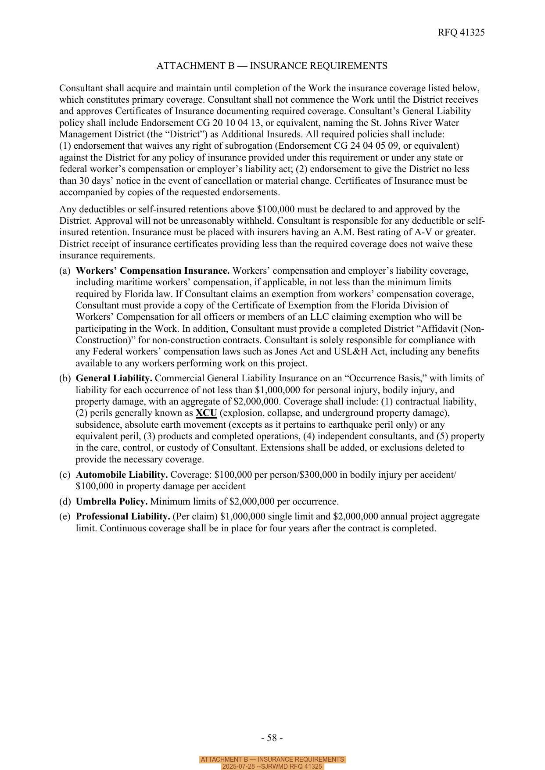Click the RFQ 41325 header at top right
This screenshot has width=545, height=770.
pos(461,32)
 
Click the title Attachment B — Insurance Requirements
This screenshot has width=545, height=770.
pos(272,66)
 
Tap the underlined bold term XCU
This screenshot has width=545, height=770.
pos(206,413)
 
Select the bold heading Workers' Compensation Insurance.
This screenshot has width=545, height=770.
pos(153,271)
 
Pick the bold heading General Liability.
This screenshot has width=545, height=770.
pos(114,378)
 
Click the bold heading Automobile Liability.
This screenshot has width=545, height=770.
pos(122,475)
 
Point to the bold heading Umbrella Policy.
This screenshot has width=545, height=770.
pos(111,501)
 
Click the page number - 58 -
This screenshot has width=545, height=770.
pos(272,738)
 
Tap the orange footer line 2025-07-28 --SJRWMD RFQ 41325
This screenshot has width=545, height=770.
pos(272,766)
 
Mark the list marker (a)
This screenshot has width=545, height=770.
pos(65,271)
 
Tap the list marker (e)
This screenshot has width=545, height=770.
pos(65,516)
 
